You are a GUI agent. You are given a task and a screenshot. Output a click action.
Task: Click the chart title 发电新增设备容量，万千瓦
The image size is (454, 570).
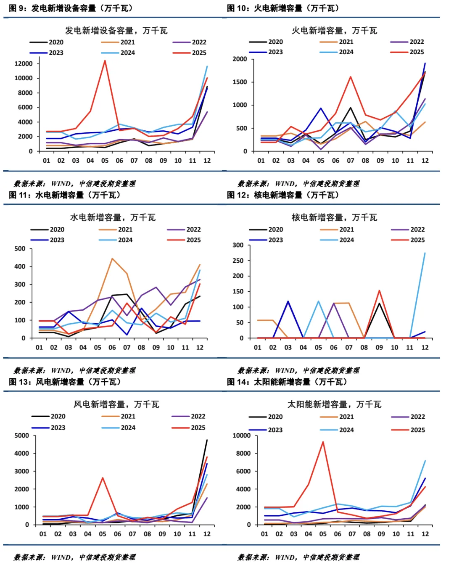pyautogui.click(x=116, y=31)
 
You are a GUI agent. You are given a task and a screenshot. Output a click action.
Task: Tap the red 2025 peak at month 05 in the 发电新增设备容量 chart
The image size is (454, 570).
pyautogui.click(x=105, y=61)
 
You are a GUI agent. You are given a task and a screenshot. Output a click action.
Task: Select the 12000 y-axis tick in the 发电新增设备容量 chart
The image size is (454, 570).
pyautogui.click(x=23, y=63)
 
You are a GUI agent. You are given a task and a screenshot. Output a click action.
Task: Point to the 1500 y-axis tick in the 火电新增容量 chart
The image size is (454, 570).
pyautogui.click(x=240, y=82)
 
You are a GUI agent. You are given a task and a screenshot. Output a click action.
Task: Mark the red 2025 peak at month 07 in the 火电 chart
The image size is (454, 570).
pyautogui.click(x=351, y=77)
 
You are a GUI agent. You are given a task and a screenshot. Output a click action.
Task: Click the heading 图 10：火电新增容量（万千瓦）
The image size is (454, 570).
pyautogui.click(x=283, y=8)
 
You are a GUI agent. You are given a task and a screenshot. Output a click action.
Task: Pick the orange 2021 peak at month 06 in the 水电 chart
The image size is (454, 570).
pyautogui.click(x=112, y=259)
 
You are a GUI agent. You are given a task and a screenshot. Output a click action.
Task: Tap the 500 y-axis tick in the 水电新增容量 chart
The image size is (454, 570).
pyautogui.click(x=20, y=249)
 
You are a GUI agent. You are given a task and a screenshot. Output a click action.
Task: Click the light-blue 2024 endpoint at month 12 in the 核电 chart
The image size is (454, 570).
pyautogui.click(x=425, y=253)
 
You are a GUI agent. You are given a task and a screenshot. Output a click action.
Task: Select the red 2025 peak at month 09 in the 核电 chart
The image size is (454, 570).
pyautogui.click(x=379, y=290)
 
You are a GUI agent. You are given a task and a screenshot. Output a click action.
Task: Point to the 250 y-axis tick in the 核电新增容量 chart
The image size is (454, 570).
pyautogui.click(x=238, y=261)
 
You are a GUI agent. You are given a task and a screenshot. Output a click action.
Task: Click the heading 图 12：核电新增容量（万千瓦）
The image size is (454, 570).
pyautogui.click(x=283, y=195)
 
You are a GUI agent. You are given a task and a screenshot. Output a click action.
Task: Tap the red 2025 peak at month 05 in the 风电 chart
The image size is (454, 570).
pyautogui.click(x=103, y=478)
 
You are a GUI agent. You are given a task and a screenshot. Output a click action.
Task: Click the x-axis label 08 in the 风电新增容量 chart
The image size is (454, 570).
pyautogui.click(x=147, y=534)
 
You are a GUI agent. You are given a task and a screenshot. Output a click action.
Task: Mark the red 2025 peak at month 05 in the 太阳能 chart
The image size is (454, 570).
pyautogui.click(x=323, y=442)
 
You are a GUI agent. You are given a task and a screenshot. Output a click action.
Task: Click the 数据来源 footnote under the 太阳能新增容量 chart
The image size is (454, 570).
pyautogui.click(x=298, y=557)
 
